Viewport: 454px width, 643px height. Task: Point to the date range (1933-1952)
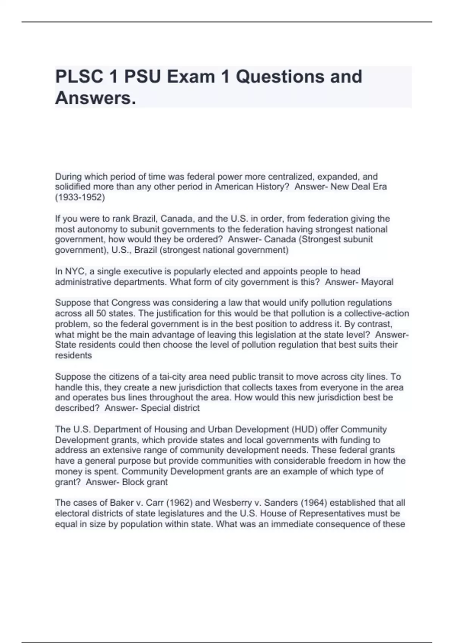click(80, 197)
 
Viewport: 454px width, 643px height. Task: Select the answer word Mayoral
click(377, 282)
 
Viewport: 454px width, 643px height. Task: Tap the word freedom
click(354, 461)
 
